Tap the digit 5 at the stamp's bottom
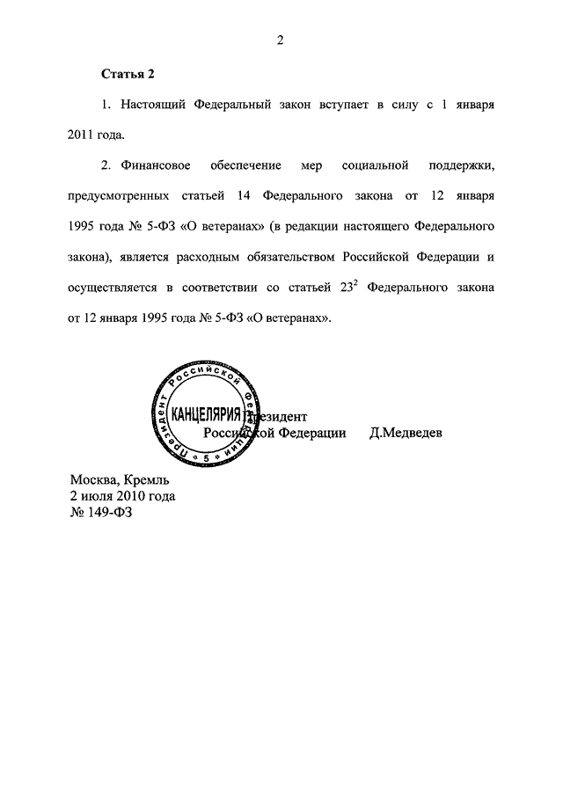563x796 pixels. [x=206, y=459]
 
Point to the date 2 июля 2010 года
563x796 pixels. [x=122, y=496]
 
